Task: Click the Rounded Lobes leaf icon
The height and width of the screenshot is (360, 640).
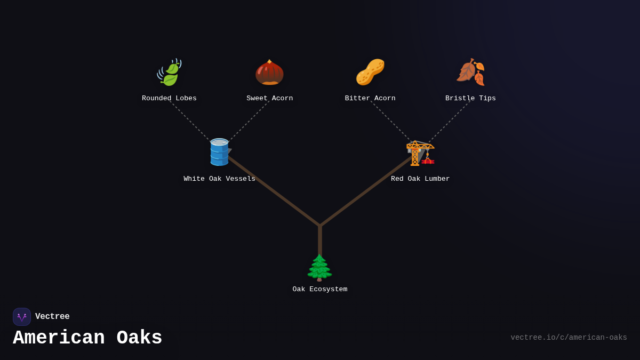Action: point(169,73)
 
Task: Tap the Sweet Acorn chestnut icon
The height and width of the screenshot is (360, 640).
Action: point(269,73)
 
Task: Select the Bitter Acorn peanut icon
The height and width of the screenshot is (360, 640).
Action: point(370,73)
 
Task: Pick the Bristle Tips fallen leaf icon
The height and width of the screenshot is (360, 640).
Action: point(470,73)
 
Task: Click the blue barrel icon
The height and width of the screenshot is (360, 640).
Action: point(219,152)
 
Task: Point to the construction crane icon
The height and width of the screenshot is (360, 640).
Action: point(420,153)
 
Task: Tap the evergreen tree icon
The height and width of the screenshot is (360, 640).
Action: point(319,268)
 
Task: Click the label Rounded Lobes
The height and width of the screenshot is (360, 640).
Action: point(169,99)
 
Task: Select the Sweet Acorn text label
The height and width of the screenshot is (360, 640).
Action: point(269,99)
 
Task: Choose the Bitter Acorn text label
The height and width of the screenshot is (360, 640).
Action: point(370,99)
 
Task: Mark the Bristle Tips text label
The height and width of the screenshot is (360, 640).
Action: point(470,99)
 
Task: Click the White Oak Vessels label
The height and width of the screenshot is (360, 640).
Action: point(219,179)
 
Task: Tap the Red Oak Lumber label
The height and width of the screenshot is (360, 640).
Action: point(420,179)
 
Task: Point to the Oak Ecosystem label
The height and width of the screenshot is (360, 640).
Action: point(319,290)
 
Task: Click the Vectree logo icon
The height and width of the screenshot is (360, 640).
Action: point(22,317)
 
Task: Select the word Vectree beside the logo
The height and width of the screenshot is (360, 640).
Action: point(52,317)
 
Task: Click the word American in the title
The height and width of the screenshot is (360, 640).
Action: point(59,338)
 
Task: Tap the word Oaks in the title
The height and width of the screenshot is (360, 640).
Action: point(139,338)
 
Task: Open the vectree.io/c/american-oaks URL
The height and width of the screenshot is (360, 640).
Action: point(569,338)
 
